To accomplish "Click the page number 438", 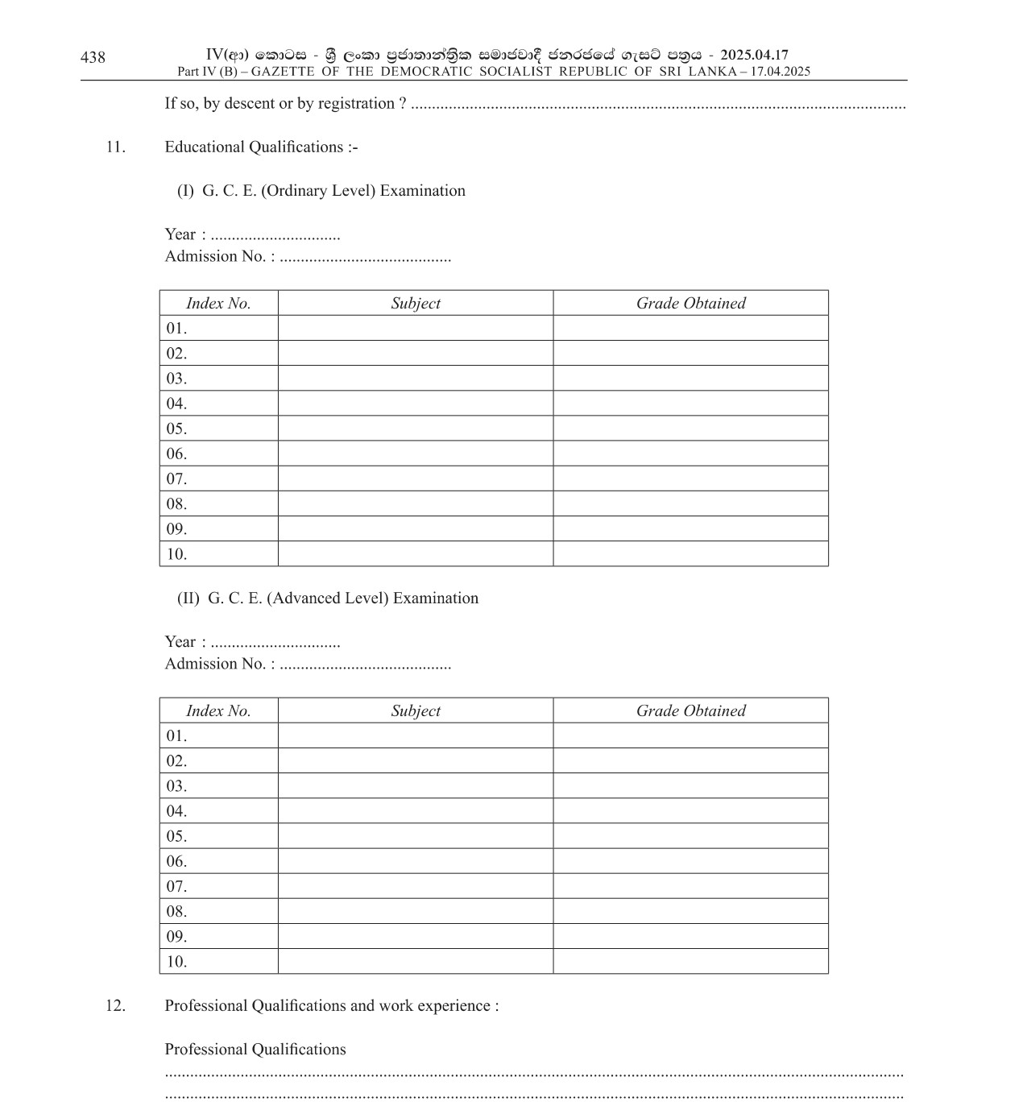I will pos(93,57).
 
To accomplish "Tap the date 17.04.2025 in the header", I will pos(780,72).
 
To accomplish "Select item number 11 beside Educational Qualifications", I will pos(115,147).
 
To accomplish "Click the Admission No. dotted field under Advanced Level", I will pos(365,665).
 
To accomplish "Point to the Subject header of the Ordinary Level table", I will pos(416,304).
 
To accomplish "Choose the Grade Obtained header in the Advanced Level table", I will pos(690,711).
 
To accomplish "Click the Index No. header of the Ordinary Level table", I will pos(218,304).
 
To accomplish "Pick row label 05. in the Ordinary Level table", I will pos(176,429).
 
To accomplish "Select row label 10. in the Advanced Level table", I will pos(176,962).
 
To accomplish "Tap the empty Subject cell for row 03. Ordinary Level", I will pos(416,379).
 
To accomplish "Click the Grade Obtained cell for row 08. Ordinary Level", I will pos(690,504).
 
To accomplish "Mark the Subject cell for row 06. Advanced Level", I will pos(416,861).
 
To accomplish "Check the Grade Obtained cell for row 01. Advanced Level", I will pos(690,736).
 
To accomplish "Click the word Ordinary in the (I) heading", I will pos(293,191).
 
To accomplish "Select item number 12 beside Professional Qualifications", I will pos(115,1006).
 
